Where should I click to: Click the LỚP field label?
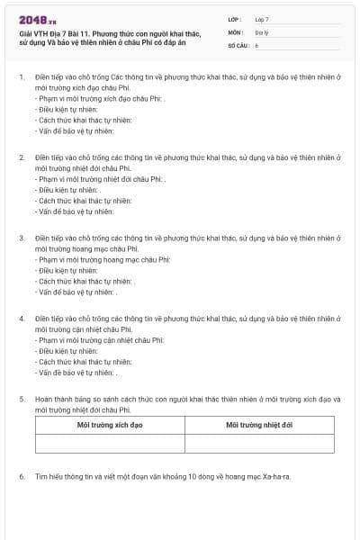coord(236,19)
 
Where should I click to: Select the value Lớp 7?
coord(262,19)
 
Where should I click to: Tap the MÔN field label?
coord(236,31)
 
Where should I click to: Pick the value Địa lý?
coord(261,31)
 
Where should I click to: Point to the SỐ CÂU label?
coord(238,44)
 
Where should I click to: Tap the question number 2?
coord(21,157)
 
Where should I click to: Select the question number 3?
coord(21,238)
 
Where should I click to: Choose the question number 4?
coord(21,319)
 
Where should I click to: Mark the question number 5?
coord(21,399)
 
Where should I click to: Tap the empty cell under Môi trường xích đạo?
coord(110,443)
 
